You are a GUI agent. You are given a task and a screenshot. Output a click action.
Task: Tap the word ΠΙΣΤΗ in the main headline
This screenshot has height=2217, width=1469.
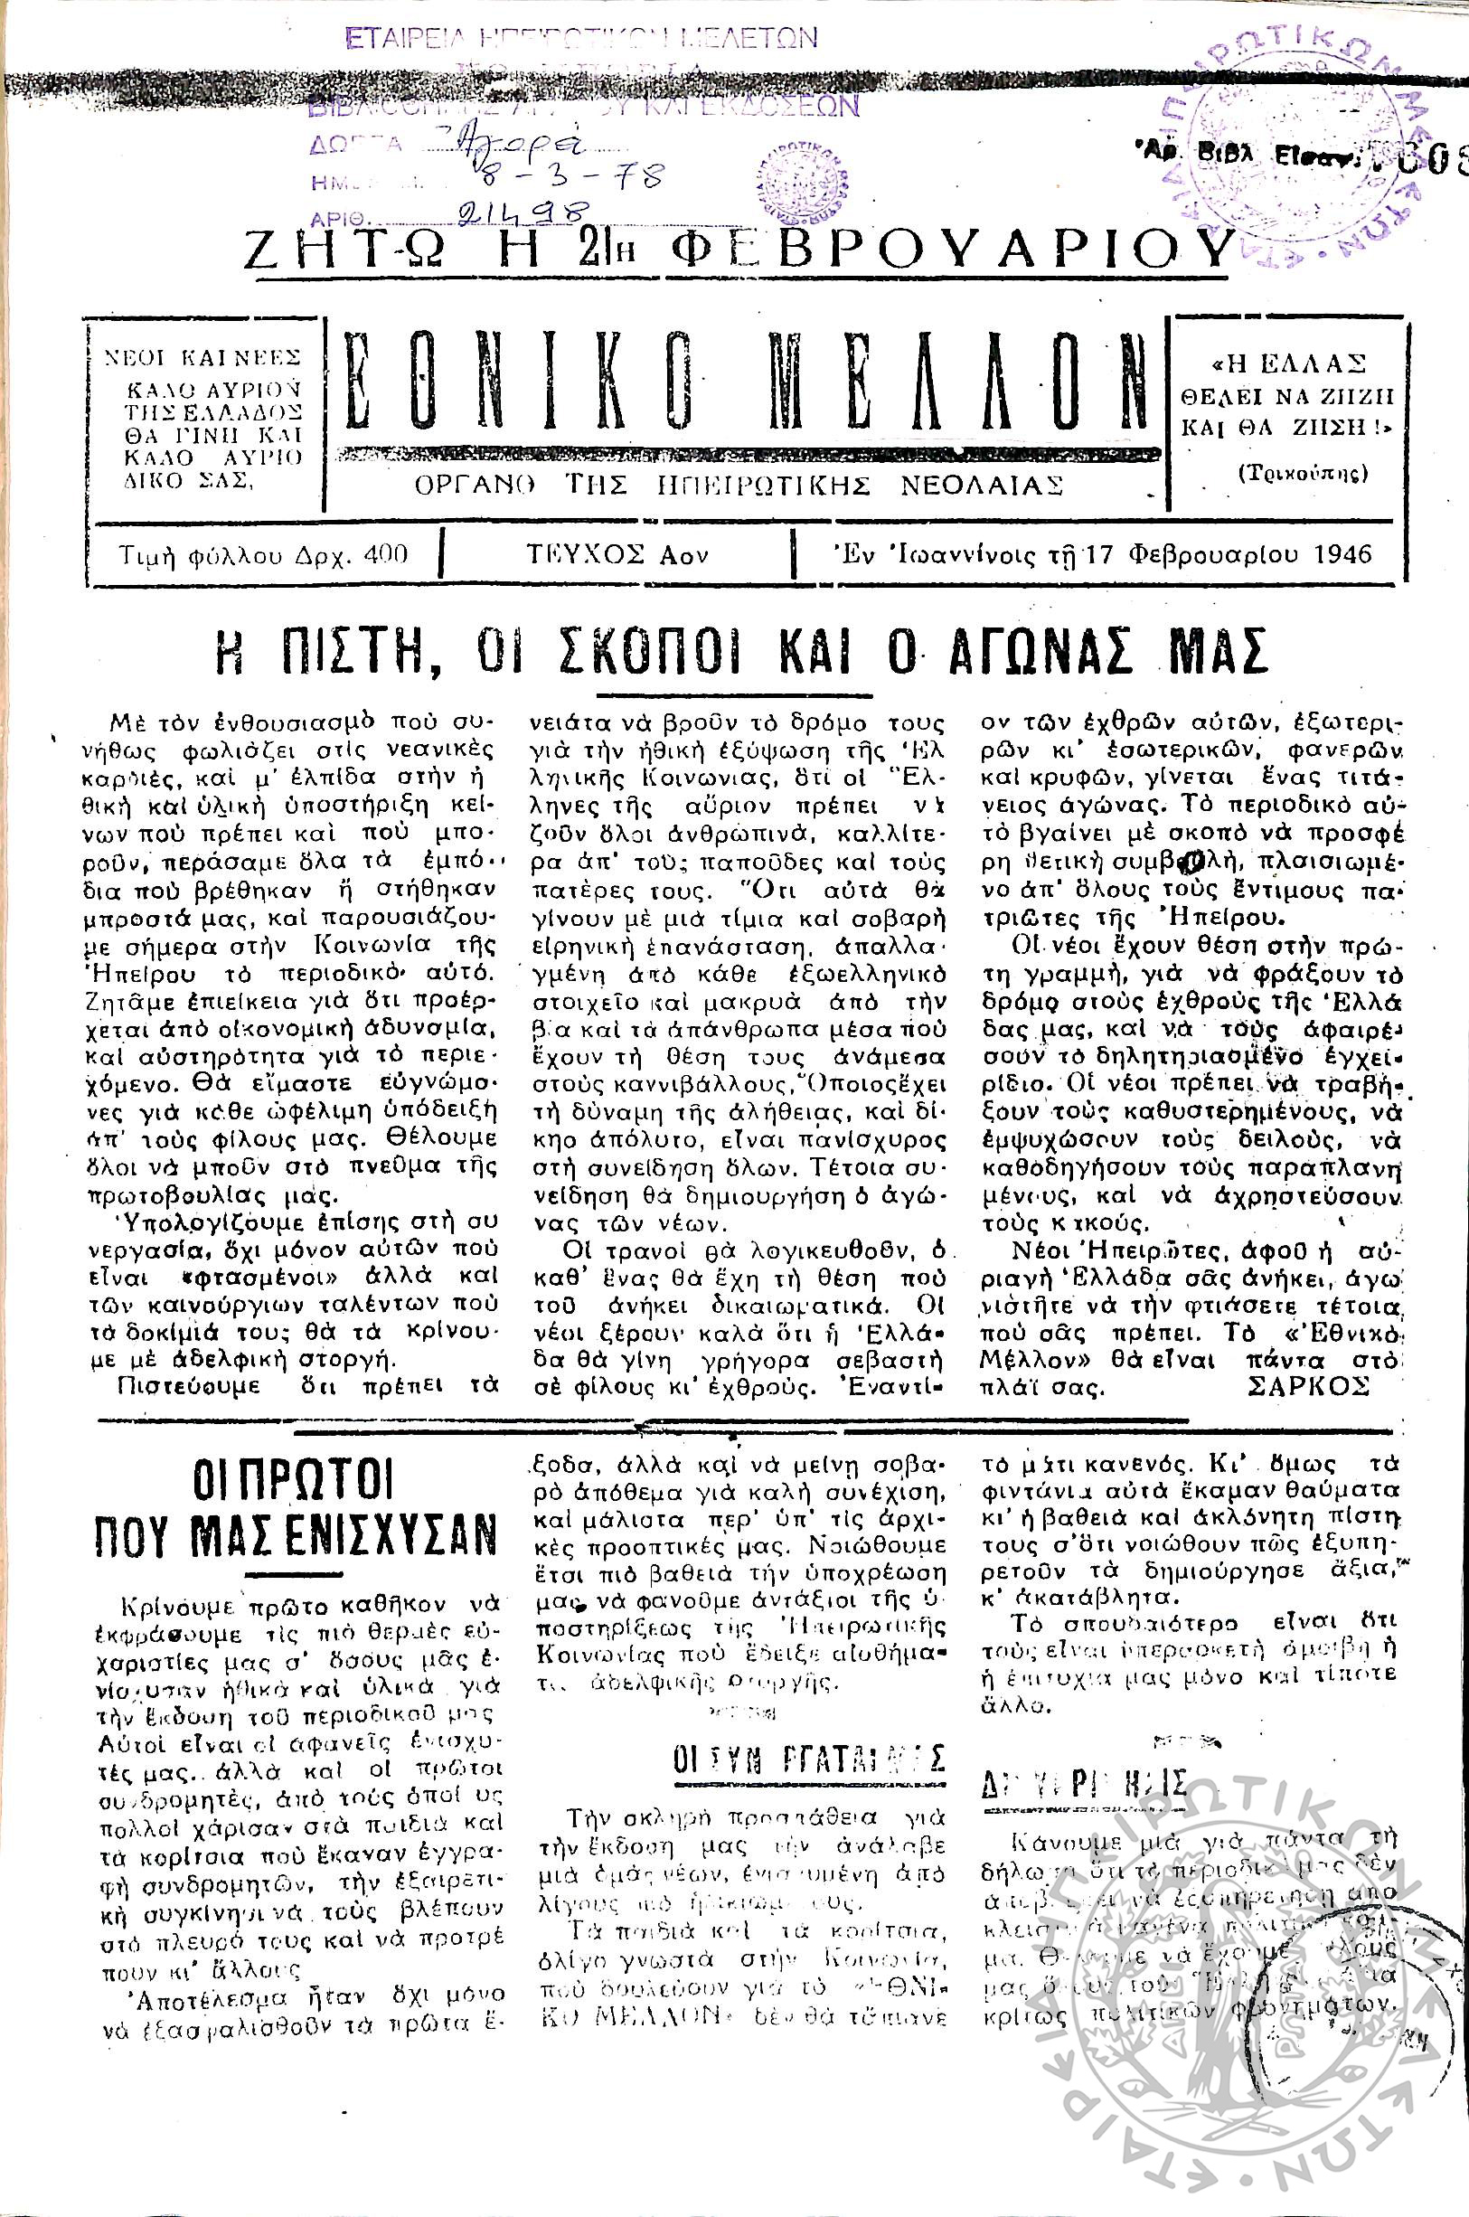[361, 651]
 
